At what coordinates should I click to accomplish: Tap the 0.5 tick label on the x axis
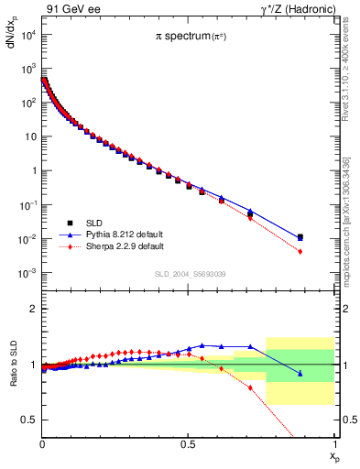(x=189, y=442)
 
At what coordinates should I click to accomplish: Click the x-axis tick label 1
(x=335, y=442)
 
